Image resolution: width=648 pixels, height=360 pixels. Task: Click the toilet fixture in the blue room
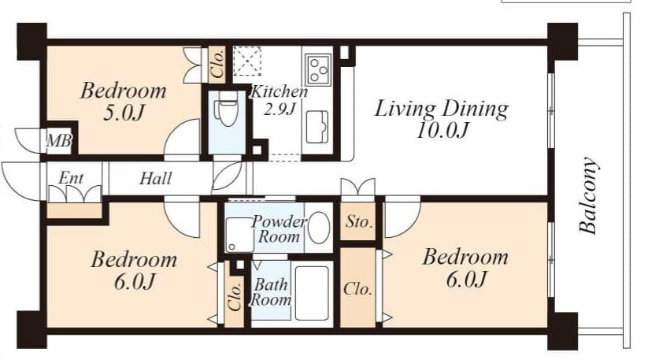click(225, 109)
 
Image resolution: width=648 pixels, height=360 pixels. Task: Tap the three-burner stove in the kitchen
click(318, 69)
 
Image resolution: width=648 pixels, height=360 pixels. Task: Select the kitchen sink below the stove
click(317, 127)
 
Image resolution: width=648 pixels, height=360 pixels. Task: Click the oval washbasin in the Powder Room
click(319, 228)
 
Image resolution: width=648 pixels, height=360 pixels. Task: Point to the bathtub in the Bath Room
click(312, 293)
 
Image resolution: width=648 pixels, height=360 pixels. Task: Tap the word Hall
click(155, 179)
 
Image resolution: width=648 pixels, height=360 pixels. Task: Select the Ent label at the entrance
click(71, 178)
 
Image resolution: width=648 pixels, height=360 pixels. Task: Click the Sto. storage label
click(359, 222)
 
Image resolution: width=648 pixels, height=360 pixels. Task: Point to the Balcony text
click(587, 195)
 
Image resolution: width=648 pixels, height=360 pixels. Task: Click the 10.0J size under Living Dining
click(442, 131)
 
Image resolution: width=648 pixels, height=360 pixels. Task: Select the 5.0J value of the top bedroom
click(124, 113)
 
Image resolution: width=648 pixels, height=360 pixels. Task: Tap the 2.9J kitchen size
click(280, 109)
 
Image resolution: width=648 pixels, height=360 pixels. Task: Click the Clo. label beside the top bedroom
click(217, 65)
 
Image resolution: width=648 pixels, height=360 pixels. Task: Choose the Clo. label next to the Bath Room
click(235, 296)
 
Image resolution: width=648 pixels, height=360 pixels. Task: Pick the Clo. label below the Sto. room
click(357, 289)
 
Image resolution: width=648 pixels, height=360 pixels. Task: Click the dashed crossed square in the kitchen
click(246, 61)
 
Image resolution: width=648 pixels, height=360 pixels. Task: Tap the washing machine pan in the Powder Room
click(239, 235)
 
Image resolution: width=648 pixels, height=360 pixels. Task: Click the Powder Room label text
click(279, 229)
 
